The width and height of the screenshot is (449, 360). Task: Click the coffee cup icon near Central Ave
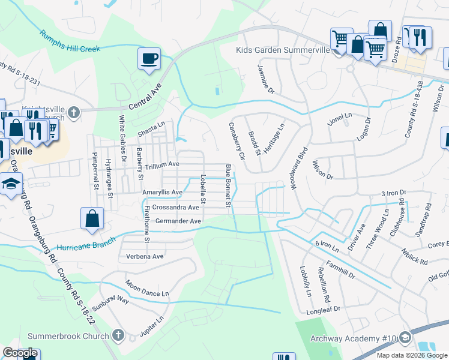149,59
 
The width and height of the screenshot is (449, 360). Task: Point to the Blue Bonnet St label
228,185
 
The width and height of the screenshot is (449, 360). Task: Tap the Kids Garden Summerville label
283,50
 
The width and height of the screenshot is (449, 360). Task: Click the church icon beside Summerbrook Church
118,335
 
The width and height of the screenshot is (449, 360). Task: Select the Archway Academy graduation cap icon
405,337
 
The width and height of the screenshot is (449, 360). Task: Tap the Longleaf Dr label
324,310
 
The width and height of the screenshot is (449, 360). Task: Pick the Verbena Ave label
145,256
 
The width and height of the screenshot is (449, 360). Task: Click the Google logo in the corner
20,353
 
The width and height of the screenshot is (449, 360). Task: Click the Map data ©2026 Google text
411,355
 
